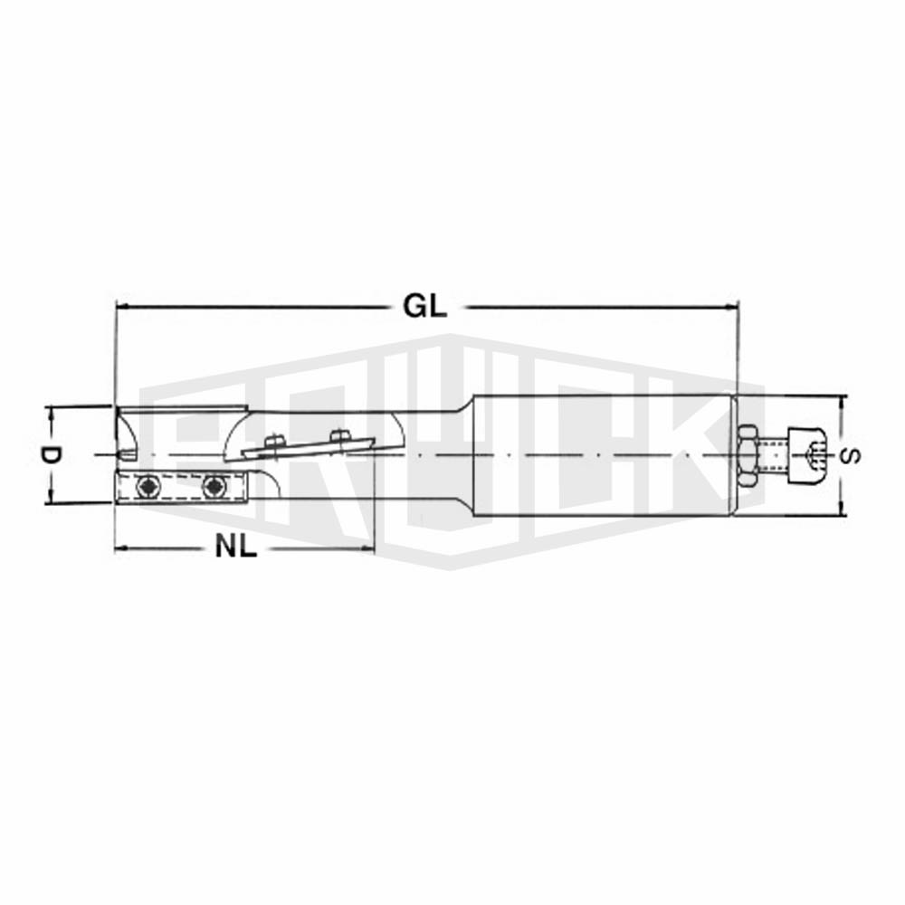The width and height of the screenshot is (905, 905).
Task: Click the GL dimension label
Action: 425,306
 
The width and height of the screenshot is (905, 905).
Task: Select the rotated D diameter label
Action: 50,455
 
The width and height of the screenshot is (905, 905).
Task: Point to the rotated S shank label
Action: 851,455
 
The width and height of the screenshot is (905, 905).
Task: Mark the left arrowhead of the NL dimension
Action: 122,548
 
